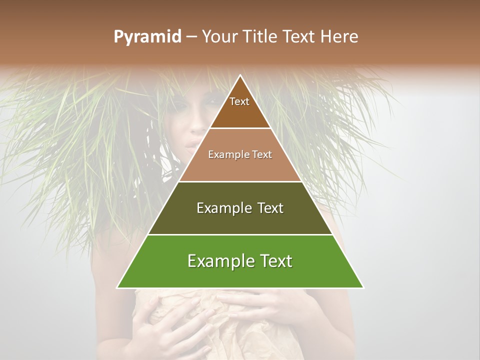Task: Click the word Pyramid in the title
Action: tap(147, 37)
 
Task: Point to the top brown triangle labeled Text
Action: tap(240, 107)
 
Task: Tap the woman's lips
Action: tap(192, 144)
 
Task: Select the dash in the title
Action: tap(191, 37)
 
